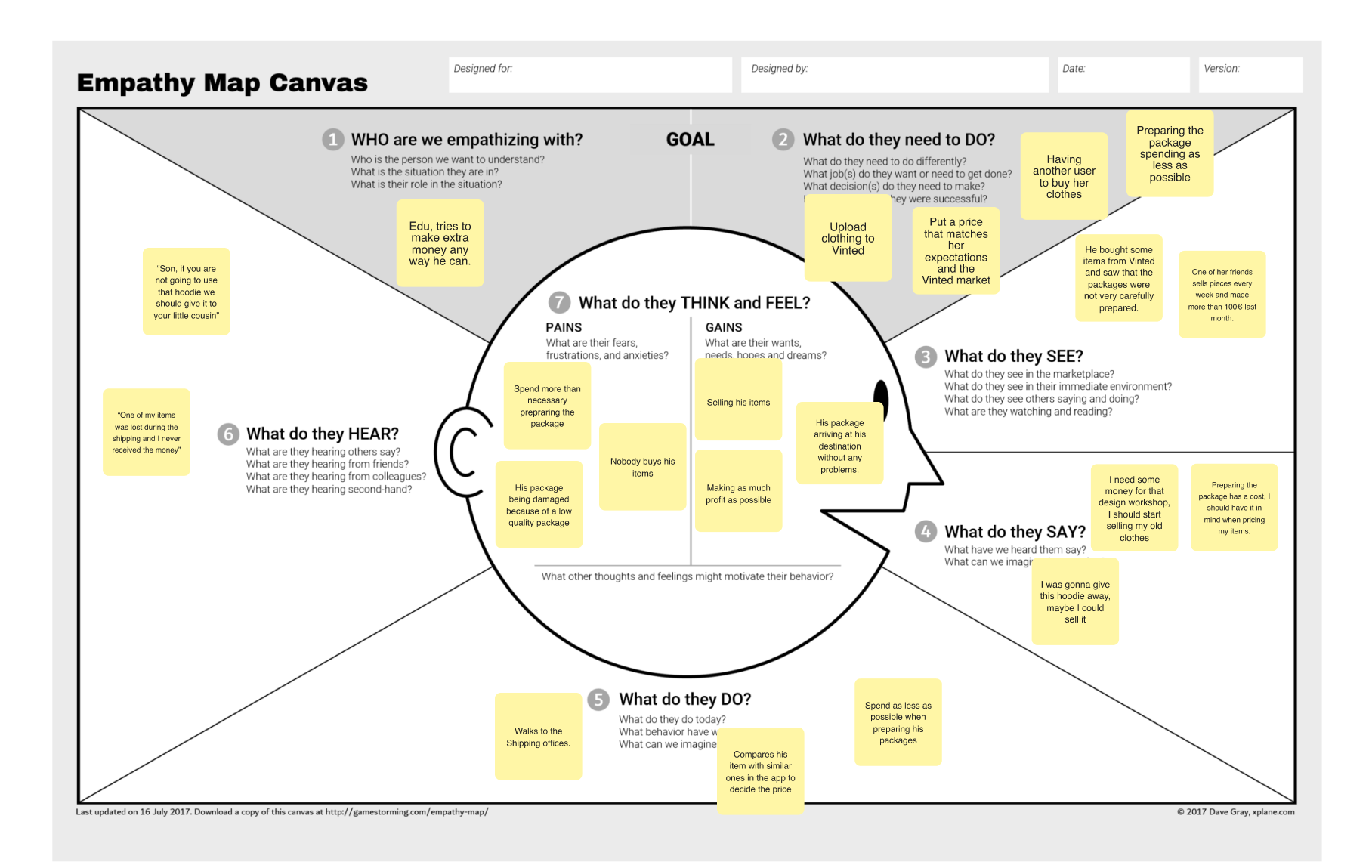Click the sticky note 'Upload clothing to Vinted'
(848, 239)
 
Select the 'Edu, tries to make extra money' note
(440, 243)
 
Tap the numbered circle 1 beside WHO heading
(332, 140)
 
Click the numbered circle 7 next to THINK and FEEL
(559, 303)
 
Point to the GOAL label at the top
(690, 140)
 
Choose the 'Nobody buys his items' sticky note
(642, 467)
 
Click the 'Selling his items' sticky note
(738, 401)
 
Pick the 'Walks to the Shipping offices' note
(538, 737)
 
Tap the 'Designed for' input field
(590, 75)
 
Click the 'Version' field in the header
(1250, 75)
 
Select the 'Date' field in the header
(1123, 75)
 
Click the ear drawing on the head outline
(458, 451)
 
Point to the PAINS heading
(564, 327)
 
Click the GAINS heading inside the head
(724, 327)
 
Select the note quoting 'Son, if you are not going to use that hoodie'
(186, 292)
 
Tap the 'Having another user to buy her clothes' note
(1064, 177)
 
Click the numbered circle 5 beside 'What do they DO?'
(598, 700)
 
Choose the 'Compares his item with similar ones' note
(760, 771)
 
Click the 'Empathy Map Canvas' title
(222, 82)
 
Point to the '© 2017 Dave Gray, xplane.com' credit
(1235, 812)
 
